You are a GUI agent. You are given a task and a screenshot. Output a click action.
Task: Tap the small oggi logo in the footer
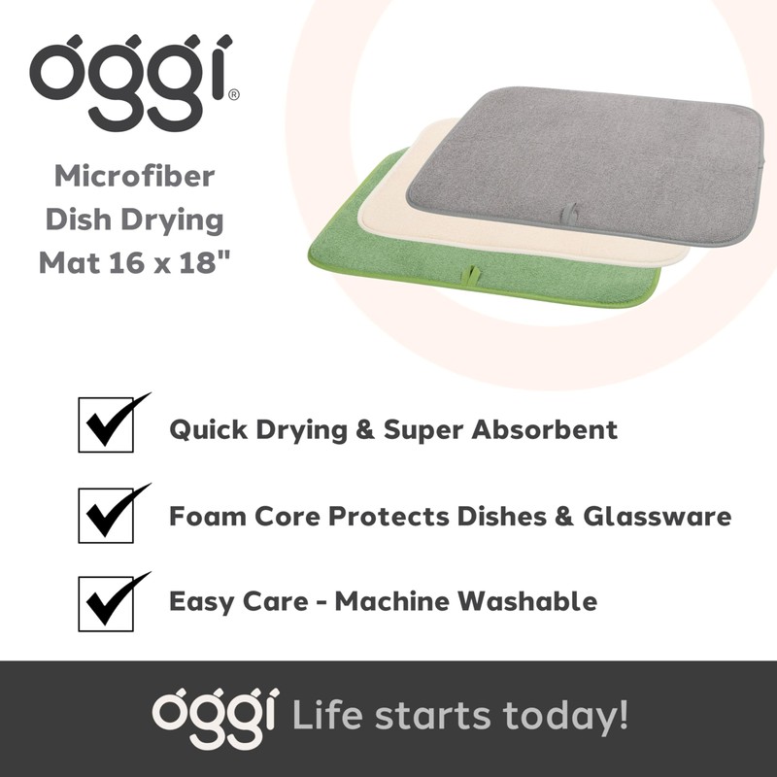pyautogui.click(x=215, y=718)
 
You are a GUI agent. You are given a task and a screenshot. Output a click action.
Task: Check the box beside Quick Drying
pyautogui.click(x=106, y=425)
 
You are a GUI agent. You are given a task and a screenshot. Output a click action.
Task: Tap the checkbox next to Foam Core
pyautogui.click(x=106, y=513)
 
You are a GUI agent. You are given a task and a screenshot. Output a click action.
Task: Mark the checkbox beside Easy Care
pyautogui.click(x=106, y=600)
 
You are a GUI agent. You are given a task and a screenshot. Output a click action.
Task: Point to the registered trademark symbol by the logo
pyautogui.click(x=233, y=95)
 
